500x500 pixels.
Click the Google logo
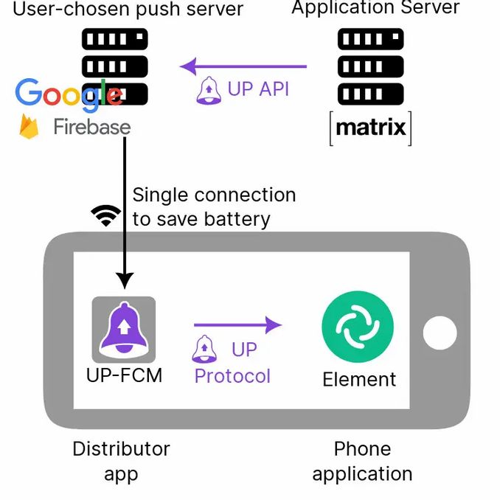[69, 94]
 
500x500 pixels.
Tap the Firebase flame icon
[29, 127]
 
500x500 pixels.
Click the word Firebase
[91, 127]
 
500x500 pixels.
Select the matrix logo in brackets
[370, 128]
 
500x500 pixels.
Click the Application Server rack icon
[370, 66]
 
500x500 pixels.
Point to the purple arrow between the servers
[243, 67]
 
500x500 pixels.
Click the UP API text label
[258, 89]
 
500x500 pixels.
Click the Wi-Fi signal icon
[106, 215]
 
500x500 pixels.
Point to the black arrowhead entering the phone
[125, 280]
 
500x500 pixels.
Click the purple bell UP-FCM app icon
[124, 329]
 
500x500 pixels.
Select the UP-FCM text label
[124, 375]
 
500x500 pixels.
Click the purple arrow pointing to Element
[237, 324]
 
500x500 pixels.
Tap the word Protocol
[232, 375]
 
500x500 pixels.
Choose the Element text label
[359, 379]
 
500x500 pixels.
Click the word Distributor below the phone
[121, 448]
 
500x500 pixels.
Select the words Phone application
[362, 461]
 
